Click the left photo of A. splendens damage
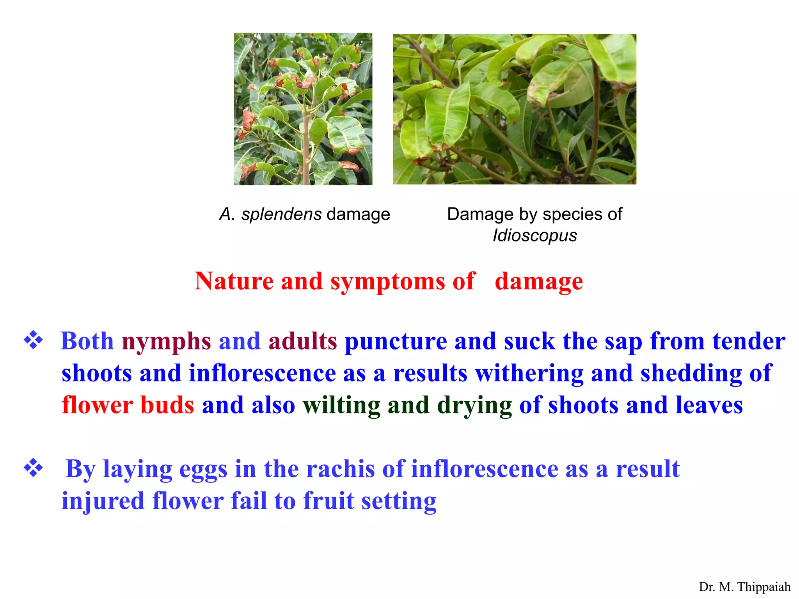[303, 109]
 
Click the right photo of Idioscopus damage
[514, 109]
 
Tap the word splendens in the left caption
[281, 214]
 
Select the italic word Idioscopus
[534, 236]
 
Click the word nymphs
[166, 342]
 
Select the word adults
[302, 341]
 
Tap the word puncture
[396, 342]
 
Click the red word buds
[167, 405]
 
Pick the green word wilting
[341, 406]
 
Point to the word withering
[529, 374]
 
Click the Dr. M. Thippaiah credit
[744, 587]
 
